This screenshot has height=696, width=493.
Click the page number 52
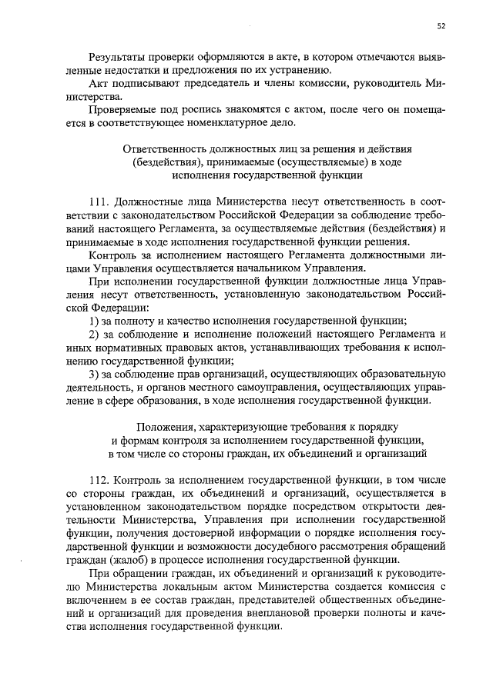[x=441, y=25]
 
